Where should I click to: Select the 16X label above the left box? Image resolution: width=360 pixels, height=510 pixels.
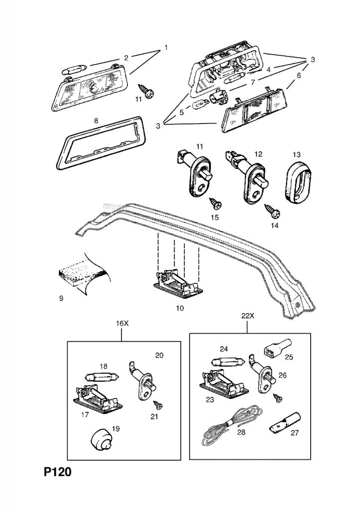click(122, 324)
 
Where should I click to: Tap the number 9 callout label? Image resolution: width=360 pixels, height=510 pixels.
click(61, 298)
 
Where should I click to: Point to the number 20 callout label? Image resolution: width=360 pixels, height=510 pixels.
click(159, 355)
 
